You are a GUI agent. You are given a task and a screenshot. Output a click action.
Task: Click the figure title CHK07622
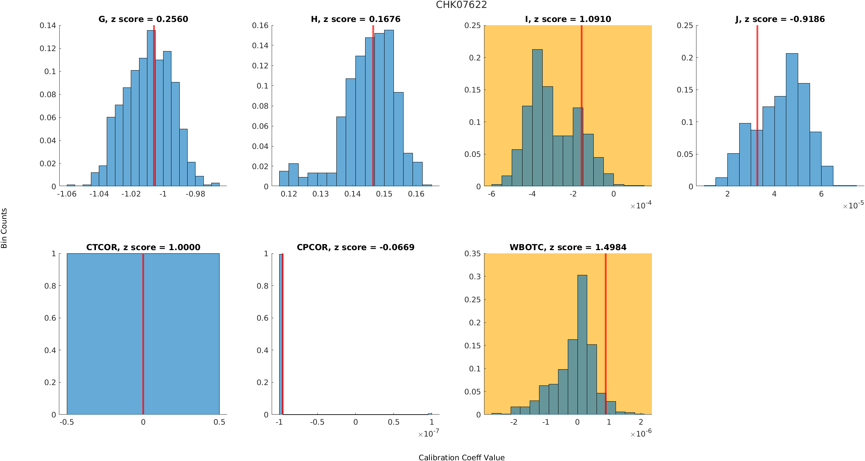(461, 5)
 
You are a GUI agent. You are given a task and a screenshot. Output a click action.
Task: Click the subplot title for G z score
(143, 19)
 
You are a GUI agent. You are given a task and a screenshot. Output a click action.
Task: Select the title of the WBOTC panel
(568, 248)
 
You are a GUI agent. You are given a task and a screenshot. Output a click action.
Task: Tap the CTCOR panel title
(143, 248)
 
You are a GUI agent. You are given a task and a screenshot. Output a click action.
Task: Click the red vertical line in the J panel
(757, 108)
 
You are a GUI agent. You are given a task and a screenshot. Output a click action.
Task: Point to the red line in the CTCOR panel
(143, 335)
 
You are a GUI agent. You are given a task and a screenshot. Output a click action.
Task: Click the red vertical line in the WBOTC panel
(606, 335)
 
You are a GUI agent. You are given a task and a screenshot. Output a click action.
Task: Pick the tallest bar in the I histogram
(537, 119)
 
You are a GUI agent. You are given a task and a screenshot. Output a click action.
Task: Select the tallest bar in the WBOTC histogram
(582, 345)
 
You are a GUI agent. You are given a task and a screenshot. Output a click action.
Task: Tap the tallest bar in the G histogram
(151, 108)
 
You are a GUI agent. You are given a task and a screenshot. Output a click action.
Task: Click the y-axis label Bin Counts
(4, 228)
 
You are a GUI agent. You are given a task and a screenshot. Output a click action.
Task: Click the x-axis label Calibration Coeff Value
(461, 457)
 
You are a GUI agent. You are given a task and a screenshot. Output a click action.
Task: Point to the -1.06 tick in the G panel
(67, 194)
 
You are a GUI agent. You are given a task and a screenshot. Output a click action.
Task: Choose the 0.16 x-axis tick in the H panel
(416, 194)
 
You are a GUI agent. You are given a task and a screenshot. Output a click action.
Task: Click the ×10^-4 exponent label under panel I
(641, 205)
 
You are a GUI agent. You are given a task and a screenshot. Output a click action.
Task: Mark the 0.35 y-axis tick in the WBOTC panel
(473, 254)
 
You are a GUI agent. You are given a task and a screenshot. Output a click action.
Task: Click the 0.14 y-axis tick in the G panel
(48, 26)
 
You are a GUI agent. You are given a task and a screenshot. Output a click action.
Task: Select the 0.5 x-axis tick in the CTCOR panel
(219, 422)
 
